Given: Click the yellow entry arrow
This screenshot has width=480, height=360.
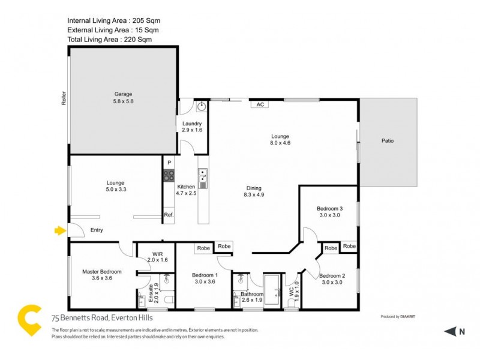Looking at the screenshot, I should point(59,230).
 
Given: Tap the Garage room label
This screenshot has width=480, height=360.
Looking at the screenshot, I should point(123,98).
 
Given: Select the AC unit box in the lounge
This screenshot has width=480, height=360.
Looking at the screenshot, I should point(260,104).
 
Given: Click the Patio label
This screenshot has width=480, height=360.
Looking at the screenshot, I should point(388,141).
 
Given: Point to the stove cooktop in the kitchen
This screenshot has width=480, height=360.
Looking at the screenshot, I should point(168,175).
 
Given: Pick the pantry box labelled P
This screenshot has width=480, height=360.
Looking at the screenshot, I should point(169,162).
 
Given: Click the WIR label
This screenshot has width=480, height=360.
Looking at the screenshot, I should point(158,256).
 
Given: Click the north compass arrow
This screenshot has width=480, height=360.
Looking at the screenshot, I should point(449,331).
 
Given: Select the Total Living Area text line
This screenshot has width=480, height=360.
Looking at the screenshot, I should point(110,40).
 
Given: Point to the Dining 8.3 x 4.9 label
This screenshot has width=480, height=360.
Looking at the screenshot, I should point(254,191).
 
